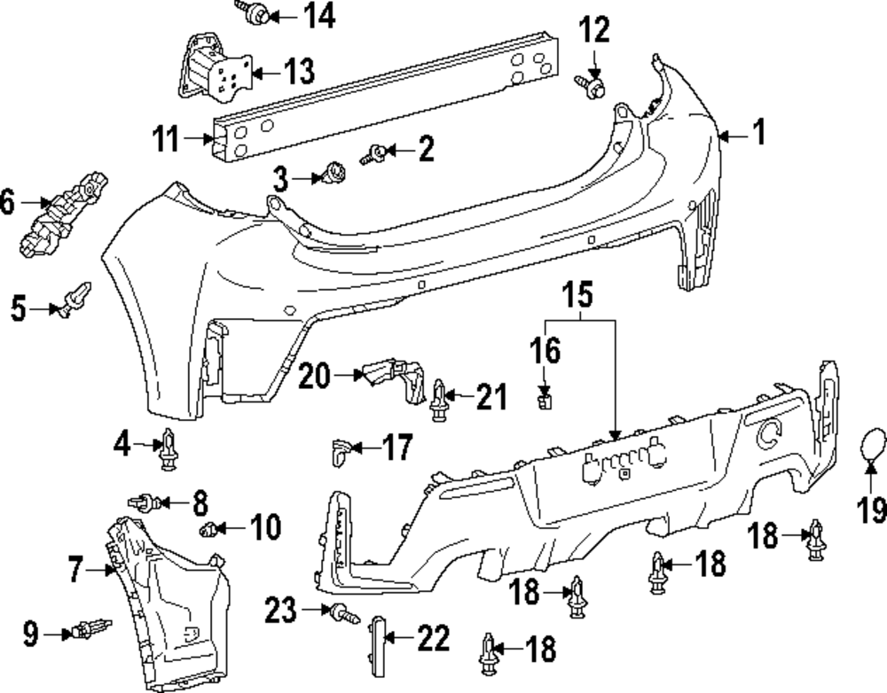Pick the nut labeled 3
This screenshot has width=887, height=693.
click(335, 173)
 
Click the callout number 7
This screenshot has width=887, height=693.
click(75, 569)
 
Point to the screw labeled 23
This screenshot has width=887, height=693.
click(341, 611)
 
